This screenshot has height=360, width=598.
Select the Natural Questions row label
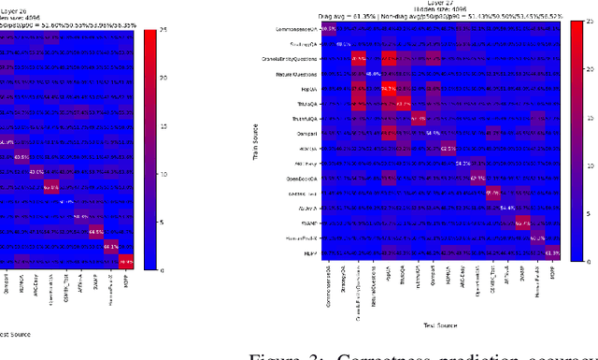[x=297, y=74]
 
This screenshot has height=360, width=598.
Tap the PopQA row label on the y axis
[x=309, y=89]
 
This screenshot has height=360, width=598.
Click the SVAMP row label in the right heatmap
[x=306, y=223]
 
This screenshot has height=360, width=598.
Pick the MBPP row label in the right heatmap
[x=309, y=253]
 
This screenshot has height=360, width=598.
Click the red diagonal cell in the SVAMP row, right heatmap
[x=522, y=223]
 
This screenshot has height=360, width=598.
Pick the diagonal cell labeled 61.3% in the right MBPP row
[x=552, y=253]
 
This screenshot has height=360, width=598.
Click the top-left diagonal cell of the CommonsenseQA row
[x=329, y=29]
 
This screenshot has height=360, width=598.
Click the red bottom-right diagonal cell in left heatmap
[x=126, y=261]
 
